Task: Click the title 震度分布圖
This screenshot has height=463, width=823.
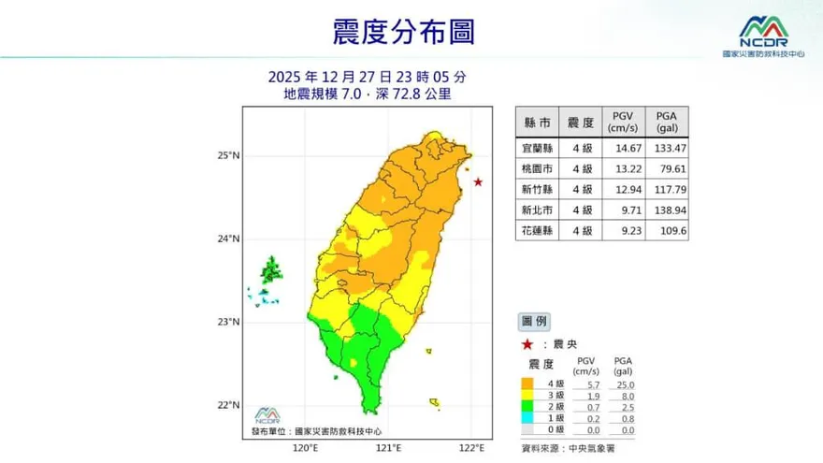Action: [403, 32]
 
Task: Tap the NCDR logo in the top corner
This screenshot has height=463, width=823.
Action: [763, 36]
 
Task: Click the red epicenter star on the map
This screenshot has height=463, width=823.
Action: [478, 181]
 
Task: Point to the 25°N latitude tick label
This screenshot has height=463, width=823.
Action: [229, 155]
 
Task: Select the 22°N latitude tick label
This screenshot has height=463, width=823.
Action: [229, 406]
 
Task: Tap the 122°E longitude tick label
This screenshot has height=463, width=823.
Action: [473, 448]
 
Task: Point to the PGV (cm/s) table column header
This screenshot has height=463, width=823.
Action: [623, 123]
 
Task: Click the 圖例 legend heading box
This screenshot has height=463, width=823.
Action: [537, 321]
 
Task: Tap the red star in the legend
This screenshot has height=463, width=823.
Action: [527, 344]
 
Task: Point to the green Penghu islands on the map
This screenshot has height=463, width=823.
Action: [271, 271]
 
